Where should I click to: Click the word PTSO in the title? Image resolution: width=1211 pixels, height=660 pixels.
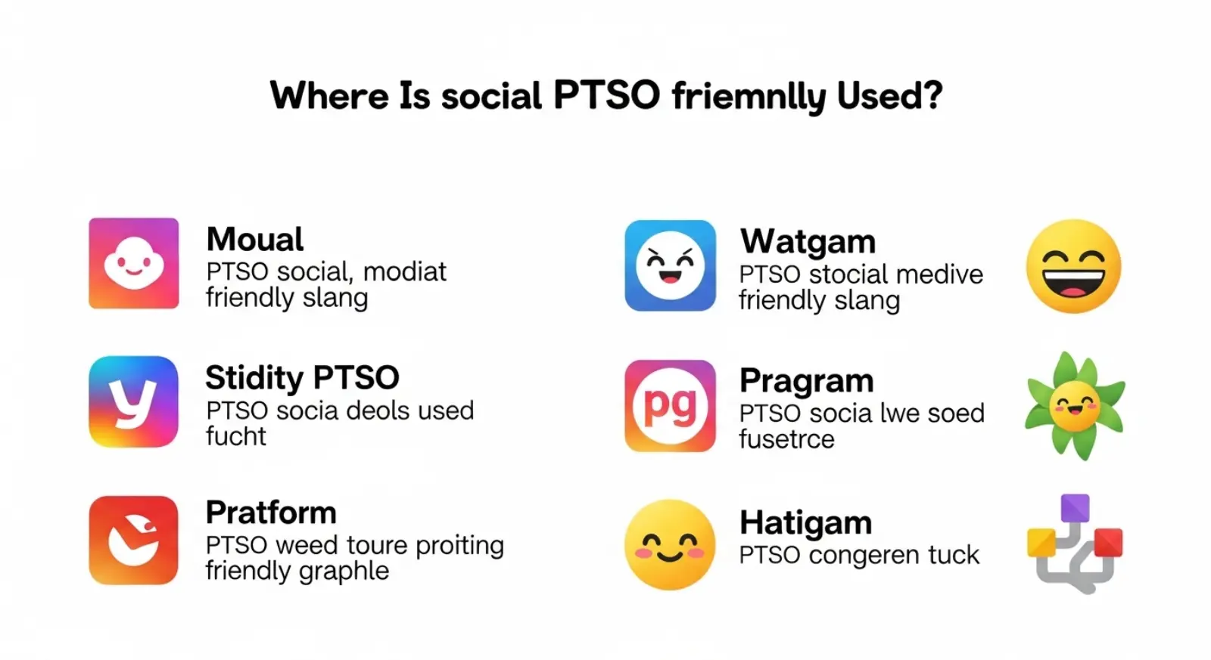point(606,96)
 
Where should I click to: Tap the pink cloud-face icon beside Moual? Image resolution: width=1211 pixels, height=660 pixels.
point(134,263)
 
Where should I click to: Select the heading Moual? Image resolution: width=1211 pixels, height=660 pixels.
point(255,240)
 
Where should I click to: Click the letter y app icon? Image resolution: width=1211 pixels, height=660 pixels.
point(134,401)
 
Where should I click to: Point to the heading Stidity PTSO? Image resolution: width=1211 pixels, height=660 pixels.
point(302,377)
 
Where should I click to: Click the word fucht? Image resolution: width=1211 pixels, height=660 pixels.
point(236,436)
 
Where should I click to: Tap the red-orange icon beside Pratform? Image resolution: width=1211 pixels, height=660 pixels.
point(134,540)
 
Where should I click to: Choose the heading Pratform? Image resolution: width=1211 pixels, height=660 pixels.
point(271,513)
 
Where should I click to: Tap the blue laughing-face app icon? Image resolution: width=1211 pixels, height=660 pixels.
point(670,265)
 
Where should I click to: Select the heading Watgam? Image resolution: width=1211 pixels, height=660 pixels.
point(808,242)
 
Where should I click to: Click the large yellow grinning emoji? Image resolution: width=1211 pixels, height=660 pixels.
point(1073,267)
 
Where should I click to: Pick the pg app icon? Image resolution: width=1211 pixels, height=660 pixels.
point(670,405)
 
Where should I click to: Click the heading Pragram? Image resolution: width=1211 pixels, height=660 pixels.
point(806,381)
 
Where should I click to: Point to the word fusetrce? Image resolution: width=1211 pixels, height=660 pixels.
point(786,439)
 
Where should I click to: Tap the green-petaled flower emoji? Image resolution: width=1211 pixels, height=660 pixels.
point(1075,405)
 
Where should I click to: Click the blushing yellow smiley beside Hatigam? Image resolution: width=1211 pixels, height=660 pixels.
point(670,544)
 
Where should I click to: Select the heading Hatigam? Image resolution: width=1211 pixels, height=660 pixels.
point(805,522)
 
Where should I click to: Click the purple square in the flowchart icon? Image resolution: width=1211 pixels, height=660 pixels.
point(1075,508)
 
